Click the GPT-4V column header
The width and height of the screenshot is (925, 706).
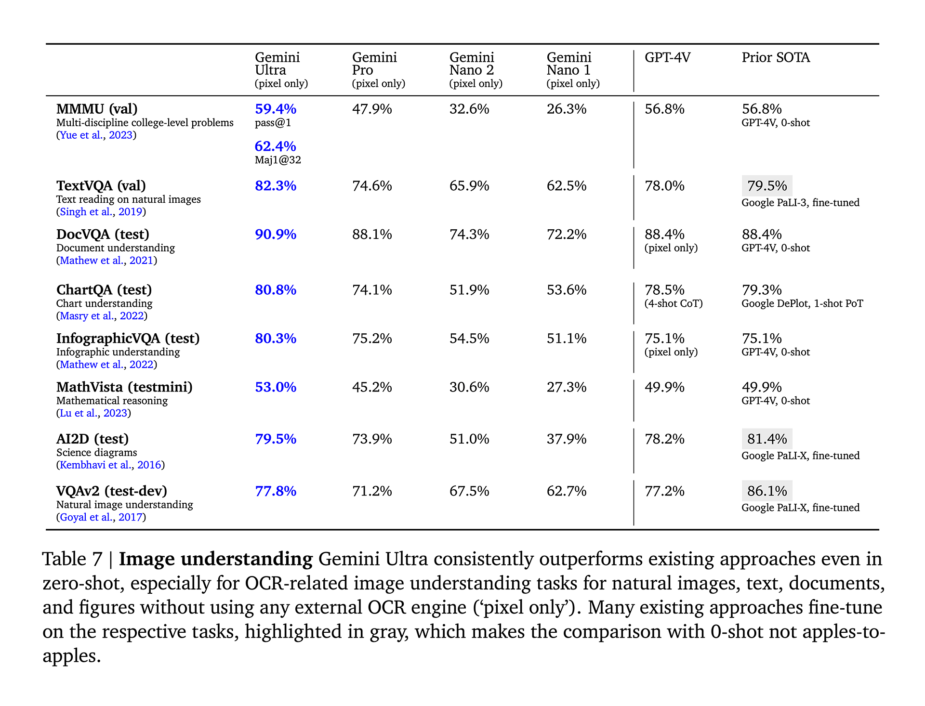click(667, 58)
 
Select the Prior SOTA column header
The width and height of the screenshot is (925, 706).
click(776, 58)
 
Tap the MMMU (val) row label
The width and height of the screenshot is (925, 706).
click(97, 109)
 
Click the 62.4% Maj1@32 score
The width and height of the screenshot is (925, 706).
click(275, 146)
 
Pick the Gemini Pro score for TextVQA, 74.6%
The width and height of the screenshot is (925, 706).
click(372, 186)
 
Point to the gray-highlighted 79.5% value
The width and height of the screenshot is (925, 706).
click(767, 186)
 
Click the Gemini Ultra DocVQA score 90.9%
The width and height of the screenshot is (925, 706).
click(275, 235)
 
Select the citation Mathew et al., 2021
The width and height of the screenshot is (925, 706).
click(106, 261)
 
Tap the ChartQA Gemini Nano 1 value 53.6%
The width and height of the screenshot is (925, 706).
click(567, 290)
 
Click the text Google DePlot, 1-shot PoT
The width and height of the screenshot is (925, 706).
click(802, 304)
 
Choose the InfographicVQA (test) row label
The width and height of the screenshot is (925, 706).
click(128, 339)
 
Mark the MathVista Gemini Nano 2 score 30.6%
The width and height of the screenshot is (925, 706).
click(469, 387)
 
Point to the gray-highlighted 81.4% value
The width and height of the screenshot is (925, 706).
click(767, 439)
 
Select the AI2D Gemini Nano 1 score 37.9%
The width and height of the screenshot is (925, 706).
click(567, 439)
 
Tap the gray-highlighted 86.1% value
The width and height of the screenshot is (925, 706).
click(767, 491)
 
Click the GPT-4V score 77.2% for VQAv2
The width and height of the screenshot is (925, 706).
click(664, 491)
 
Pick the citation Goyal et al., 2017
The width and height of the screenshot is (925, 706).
click(101, 517)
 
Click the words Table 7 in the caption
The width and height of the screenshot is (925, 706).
click(72, 559)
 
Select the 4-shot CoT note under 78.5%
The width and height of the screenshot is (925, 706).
click(674, 304)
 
